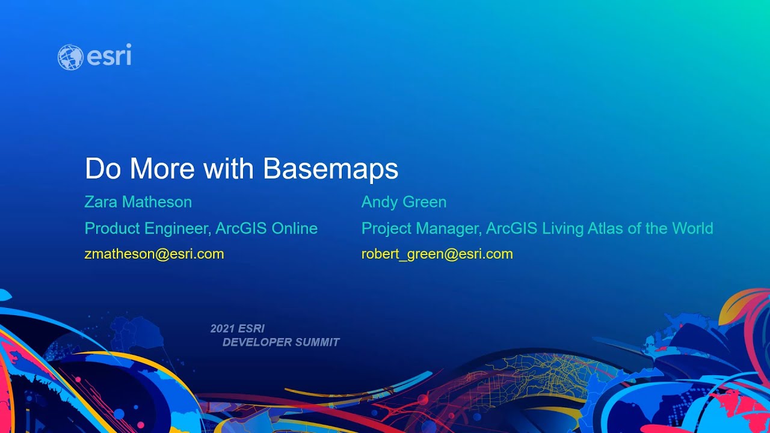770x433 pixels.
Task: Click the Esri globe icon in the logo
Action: (x=70, y=57)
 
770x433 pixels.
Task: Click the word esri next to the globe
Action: (x=109, y=57)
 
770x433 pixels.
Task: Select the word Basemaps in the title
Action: (x=330, y=169)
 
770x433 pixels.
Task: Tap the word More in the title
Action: (x=162, y=169)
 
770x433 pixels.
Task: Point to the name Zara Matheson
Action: (x=138, y=202)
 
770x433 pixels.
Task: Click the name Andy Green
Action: (x=404, y=202)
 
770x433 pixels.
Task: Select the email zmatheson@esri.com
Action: (x=154, y=254)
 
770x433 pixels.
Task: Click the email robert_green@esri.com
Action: (x=437, y=254)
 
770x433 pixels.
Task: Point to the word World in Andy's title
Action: (x=692, y=229)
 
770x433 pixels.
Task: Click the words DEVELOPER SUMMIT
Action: (x=281, y=342)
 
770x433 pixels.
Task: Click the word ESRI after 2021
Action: (x=251, y=328)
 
